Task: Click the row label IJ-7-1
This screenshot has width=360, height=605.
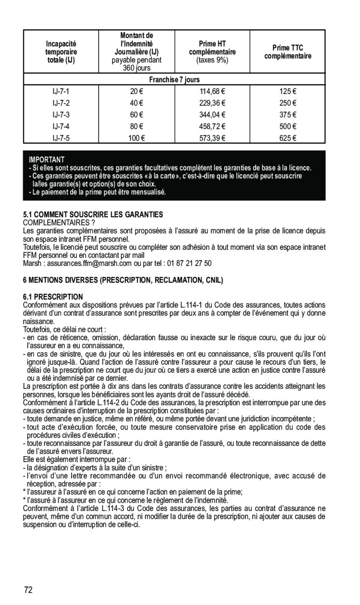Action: pos(61,92)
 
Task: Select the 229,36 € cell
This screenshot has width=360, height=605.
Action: pos(212,103)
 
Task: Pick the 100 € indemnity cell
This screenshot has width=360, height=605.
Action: pos(136,138)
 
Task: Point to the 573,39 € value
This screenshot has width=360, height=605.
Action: pos(212,138)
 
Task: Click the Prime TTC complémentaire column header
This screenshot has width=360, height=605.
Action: pos(288,52)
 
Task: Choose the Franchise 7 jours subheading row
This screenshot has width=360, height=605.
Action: pos(174,80)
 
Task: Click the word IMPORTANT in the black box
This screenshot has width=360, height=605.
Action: pos(46,160)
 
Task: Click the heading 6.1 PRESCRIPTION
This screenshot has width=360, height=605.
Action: pos(53,296)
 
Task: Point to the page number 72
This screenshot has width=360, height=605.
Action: pos(29,590)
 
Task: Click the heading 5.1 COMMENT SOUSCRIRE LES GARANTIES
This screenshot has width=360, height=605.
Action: pos(93,215)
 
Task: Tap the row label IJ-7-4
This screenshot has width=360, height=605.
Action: pos(61,126)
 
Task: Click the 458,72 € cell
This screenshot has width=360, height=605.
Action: pos(212,126)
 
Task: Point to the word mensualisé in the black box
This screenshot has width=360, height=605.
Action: pos(148,192)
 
